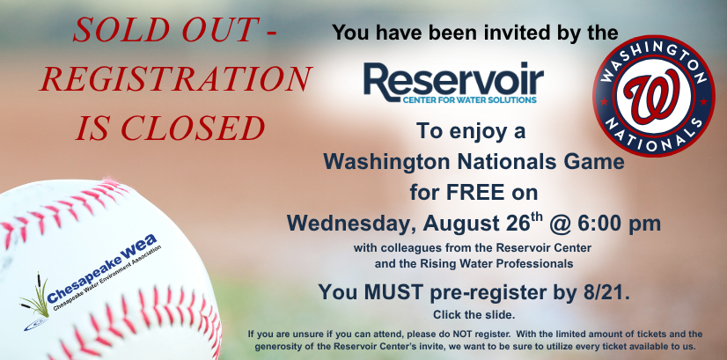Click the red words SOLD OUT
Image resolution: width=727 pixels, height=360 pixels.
pos(165,30)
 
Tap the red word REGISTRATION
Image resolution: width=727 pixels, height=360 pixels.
pos(176,79)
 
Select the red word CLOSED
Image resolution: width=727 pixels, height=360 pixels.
pos(194,128)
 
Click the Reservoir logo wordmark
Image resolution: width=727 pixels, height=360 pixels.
pos(453,79)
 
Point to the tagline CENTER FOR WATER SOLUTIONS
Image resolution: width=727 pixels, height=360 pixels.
pos(469,99)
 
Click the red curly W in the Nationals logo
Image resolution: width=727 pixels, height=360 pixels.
pos(653,96)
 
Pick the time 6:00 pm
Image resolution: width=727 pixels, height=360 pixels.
pos(619,224)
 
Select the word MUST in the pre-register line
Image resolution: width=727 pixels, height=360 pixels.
pos(393,292)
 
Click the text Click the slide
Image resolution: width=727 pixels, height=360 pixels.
pos(474,315)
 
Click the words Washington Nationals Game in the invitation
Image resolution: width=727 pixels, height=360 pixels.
pos(474,162)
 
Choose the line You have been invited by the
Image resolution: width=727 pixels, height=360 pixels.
pos(475,33)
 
